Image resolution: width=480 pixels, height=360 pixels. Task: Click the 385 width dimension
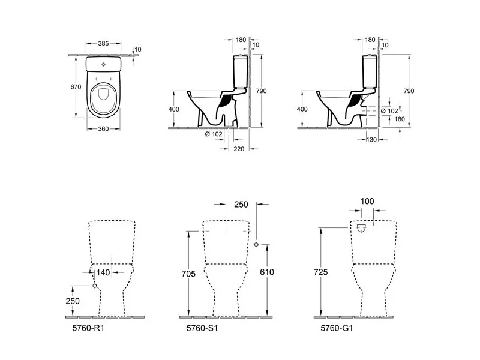click(x=103, y=43)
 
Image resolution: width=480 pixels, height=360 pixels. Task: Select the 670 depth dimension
click(x=76, y=87)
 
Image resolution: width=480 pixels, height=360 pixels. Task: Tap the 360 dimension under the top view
click(x=103, y=129)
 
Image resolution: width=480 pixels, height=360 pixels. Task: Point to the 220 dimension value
click(x=239, y=149)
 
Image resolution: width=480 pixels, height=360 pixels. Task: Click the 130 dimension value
click(x=371, y=140)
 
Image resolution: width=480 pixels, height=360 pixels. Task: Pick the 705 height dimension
click(x=188, y=274)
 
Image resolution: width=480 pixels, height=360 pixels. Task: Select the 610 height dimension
click(x=266, y=272)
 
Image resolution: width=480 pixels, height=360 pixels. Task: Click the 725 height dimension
click(x=320, y=272)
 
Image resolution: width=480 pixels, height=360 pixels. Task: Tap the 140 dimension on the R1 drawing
click(x=103, y=272)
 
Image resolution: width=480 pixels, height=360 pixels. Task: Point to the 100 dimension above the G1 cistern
click(x=367, y=202)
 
